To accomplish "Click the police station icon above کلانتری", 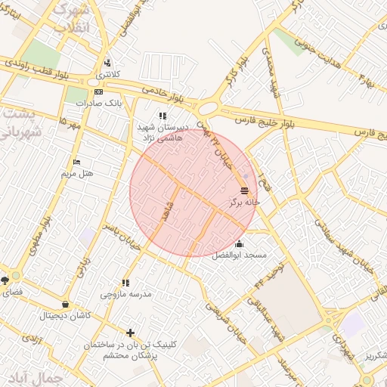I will pyautogui.click(x=107, y=63).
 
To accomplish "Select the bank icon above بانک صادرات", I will pyautogui.click(x=98, y=91).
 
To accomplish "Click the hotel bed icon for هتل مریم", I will pyautogui.click(x=76, y=162).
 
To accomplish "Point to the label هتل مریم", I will pyautogui.click(x=78, y=173).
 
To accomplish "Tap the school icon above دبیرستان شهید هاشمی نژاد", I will pyautogui.click(x=162, y=116).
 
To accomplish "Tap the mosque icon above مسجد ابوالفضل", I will pyautogui.click(x=240, y=243).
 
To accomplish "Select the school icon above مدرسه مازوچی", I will pyautogui.click(x=125, y=283).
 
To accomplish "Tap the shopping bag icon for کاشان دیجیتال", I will pyautogui.click(x=65, y=305).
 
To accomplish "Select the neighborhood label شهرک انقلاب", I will pyautogui.click(x=72, y=18).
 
